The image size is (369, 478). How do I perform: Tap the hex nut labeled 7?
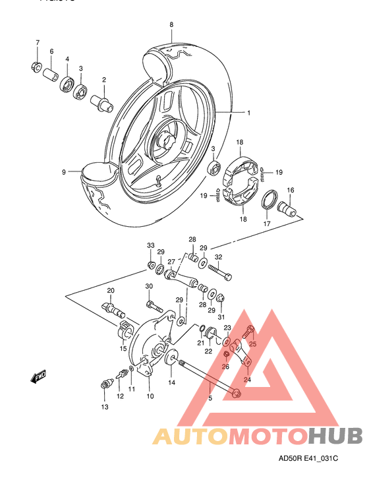pos(36,67)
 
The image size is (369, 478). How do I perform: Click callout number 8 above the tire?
pos(171,25)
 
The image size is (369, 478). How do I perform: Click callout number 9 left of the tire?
pos(65,172)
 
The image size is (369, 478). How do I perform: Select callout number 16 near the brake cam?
pos(290,190)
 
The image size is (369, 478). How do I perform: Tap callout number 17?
pos(268,224)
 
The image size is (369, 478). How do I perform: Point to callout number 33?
pos(150,245)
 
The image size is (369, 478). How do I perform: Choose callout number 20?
pos(111,290)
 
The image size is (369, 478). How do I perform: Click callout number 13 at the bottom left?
pos(103,407)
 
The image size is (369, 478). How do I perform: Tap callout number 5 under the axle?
pos(210,398)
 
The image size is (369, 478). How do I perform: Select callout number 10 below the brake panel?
pos(150,396)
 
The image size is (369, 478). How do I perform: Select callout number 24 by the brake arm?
pos(248,379)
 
